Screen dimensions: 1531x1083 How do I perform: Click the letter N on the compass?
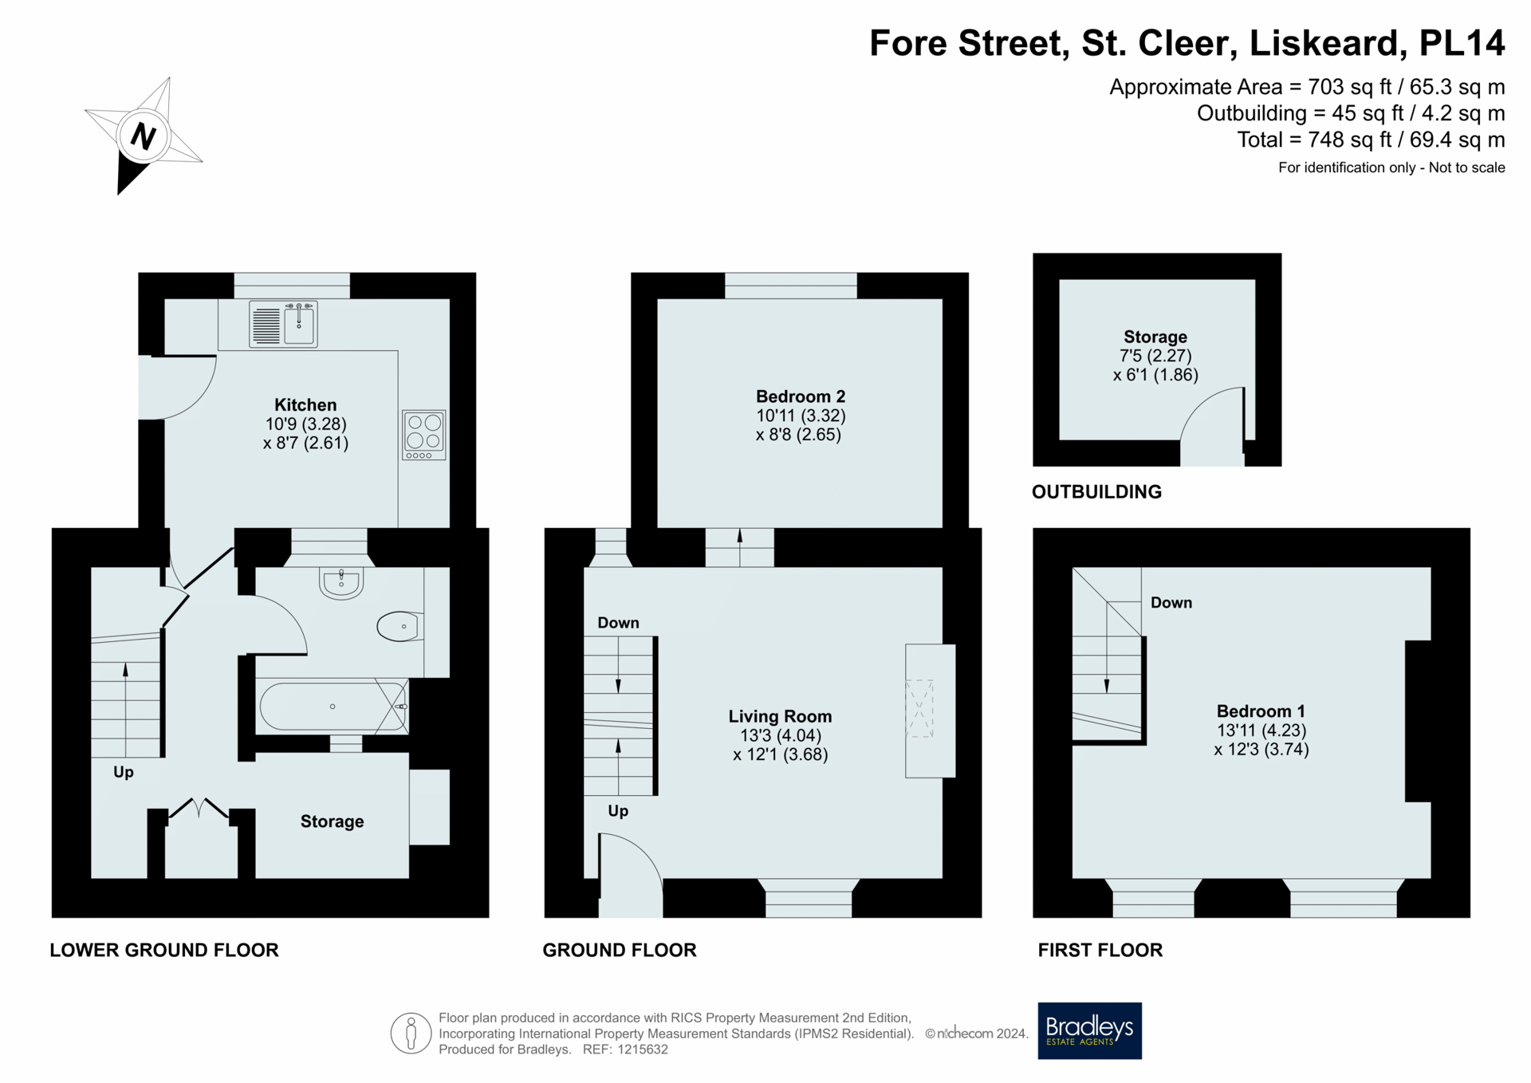[x=144, y=136]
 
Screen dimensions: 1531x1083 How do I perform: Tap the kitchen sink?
[x=283, y=324]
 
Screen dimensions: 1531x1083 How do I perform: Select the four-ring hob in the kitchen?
[x=424, y=435]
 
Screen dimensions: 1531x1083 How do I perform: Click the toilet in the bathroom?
[x=399, y=626]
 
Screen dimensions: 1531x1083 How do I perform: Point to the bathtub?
[x=333, y=706]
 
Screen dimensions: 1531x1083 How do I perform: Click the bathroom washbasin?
[x=341, y=583]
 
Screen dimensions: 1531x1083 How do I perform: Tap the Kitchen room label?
[x=305, y=405]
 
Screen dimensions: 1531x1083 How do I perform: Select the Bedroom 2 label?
[x=801, y=396]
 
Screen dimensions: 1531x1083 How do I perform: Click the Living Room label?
[x=780, y=716]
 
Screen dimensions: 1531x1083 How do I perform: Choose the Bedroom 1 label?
[x=1261, y=711]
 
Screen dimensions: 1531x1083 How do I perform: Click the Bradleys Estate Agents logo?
[x=1089, y=1030]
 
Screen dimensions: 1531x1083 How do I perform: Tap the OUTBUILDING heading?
[x=1096, y=492]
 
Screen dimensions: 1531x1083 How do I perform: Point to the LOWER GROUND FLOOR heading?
[x=164, y=950]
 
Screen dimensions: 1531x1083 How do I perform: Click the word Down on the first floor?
[x=1171, y=603]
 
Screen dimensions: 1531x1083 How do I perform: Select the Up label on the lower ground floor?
[x=124, y=772]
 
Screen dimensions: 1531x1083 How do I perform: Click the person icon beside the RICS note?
[x=411, y=1034]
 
